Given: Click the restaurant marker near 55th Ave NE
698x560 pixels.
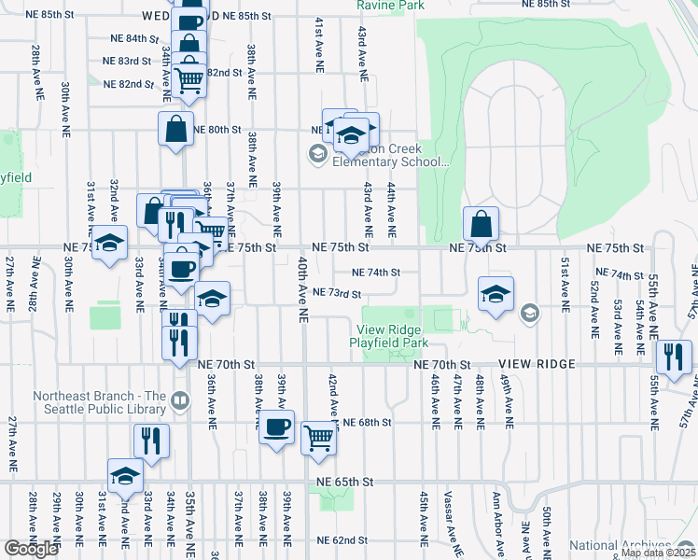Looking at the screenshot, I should [673, 357].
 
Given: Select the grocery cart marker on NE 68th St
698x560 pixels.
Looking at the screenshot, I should [319, 437].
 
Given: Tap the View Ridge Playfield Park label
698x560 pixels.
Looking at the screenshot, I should [387, 336].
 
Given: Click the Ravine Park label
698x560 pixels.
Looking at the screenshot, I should [390, 6].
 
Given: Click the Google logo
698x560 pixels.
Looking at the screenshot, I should [31, 549].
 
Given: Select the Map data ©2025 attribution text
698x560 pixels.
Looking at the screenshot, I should [658, 553].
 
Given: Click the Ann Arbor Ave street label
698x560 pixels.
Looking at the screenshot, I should [499, 527].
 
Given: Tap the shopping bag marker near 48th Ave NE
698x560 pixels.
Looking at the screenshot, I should [482, 224].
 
